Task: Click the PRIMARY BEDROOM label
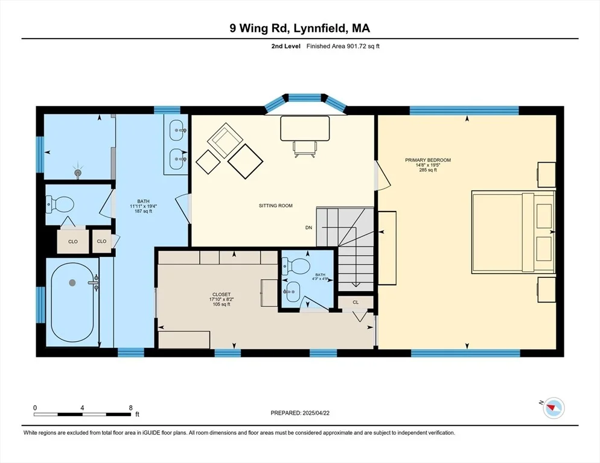point(428,160)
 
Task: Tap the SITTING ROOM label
point(275,206)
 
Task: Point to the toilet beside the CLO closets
point(60,204)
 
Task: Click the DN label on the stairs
point(309,227)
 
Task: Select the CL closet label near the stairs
point(356,302)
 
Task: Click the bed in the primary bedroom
point(513,232)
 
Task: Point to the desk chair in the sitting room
point(305,149)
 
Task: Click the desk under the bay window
point(305,128)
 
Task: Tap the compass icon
point(554,408)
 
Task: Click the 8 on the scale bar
point(131,408)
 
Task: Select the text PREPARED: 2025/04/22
point(300,413)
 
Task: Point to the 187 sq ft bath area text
point(144,211)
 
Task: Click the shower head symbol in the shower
point(78,173)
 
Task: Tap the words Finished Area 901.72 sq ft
point(343,46)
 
